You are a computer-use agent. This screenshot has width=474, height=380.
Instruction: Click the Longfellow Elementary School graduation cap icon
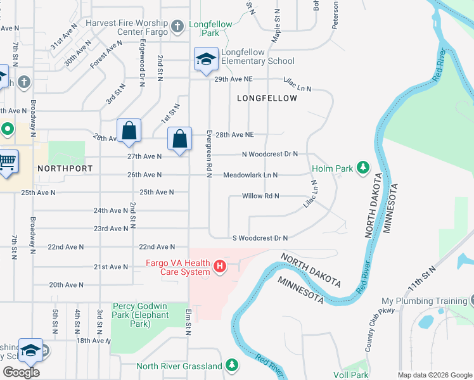click(205, 60)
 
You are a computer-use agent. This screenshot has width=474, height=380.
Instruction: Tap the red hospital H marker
click(220, 265)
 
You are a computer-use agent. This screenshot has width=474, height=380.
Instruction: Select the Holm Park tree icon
click(362, 167)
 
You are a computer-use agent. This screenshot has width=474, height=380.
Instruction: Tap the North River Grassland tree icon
click(232, 365)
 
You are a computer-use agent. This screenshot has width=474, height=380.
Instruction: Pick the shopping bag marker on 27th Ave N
click(180, 137)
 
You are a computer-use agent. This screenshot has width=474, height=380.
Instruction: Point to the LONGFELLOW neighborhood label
click(267, 98)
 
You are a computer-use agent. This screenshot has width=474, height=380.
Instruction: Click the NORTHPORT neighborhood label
click(65, 168)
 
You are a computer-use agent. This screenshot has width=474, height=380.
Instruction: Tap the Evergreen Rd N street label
click(208, 153)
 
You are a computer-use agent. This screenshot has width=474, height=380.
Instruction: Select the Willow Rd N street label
click(260, 196)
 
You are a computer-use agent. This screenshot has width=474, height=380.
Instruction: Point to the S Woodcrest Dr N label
click(260, 237)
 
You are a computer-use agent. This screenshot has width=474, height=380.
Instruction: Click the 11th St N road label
click(423, 278)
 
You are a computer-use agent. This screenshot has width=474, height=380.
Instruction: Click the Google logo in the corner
click(21, 372)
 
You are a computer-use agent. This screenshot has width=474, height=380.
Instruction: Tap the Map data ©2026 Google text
click(434, 374)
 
